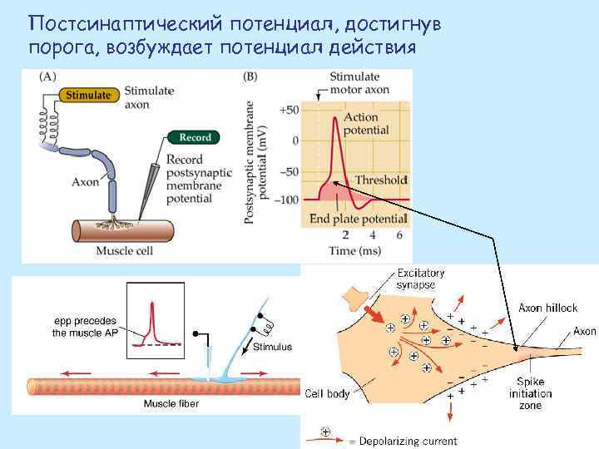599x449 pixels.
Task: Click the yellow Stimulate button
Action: (88, 95)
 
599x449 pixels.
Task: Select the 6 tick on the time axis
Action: (399, 234)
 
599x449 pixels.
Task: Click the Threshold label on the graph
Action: (380, 180)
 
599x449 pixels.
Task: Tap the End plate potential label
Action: (359, 220)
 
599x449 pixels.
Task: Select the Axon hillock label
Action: (547, 308)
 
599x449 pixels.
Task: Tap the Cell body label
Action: (327, 393)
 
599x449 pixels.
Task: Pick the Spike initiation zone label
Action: (531, 393)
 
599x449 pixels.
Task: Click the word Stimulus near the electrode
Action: (272, 346)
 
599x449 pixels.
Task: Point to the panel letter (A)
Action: (48, 76)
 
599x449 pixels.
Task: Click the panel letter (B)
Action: (250, 76)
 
